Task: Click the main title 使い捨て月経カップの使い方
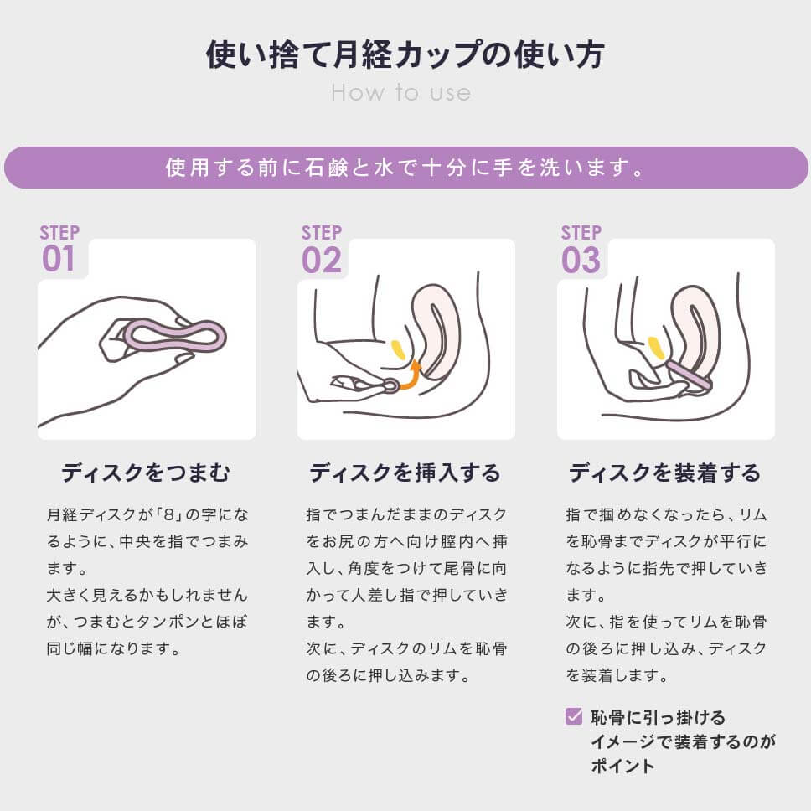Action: tap(405, 54)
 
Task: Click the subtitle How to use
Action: tap(400, 92)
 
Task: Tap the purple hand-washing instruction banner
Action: tap(405, 168)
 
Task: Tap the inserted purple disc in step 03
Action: tap(689, 375)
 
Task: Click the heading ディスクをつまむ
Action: tap(145, 473)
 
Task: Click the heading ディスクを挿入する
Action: tap(405, 473)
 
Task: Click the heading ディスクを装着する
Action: tap(664, 473)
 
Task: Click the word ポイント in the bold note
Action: tap(622, 766)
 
